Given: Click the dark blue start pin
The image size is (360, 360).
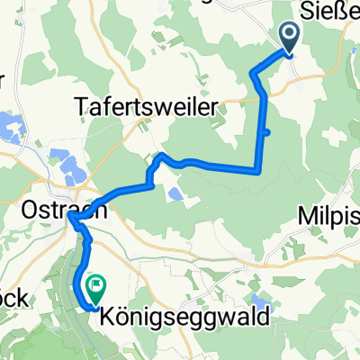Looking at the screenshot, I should (x=291, y=39).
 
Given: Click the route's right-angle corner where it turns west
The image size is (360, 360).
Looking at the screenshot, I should (x=260, y=169).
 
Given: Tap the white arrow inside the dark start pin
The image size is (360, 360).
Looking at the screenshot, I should (x=291, y=35).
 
